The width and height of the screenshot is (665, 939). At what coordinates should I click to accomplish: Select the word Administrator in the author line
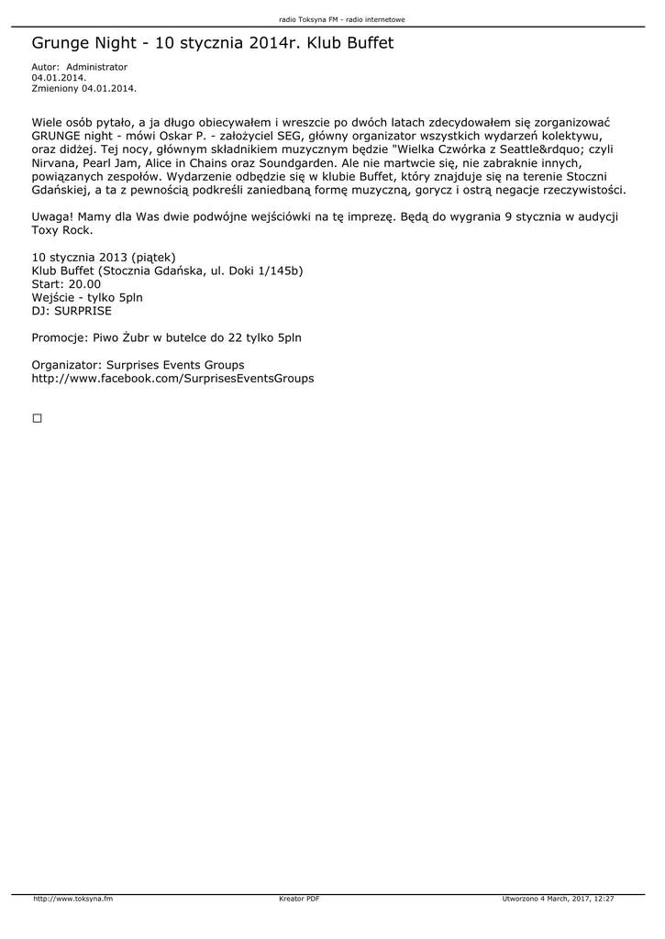[x=97, y=67]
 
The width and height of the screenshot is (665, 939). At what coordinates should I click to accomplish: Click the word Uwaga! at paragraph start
[x=51, y=216]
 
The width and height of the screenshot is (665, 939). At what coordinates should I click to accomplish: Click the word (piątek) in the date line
[x=153, y=258]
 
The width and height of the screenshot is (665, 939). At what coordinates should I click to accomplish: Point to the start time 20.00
[x=85, y=284]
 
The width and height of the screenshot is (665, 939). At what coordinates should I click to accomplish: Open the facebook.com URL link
[x=172, y=378]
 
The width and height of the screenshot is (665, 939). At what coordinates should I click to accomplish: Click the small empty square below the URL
[x=38, y=418]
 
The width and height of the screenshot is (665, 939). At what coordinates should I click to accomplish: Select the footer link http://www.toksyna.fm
[x=72, y=899]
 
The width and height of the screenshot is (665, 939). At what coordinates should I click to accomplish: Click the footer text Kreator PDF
[x=299, y=899]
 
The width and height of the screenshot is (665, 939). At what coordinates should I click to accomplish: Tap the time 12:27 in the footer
[x=603, y=899]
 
